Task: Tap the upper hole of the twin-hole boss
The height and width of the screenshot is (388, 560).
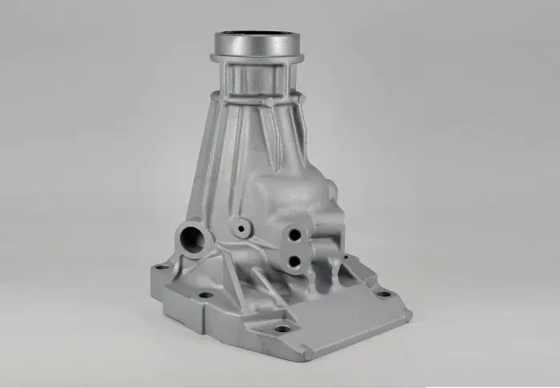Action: pos(295,234)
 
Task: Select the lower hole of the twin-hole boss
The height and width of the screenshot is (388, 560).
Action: pos(294,260)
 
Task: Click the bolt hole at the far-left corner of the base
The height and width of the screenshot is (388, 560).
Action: pos(162,266)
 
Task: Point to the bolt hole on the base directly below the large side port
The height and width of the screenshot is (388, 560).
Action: pos(206,295)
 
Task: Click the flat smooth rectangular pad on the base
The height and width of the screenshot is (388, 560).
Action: pos(344,316)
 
